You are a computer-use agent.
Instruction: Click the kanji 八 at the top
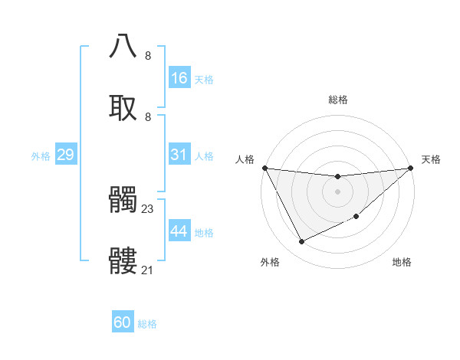point(123,45)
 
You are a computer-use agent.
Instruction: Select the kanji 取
point(123,106)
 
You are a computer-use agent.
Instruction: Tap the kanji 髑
point(123,199)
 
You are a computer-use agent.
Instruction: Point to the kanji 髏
point(123,260)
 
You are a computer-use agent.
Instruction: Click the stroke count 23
point(148,208)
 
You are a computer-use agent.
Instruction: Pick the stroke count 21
point(148,270)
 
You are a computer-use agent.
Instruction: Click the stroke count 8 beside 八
point(148,56)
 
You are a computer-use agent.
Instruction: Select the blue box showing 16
point(179,78)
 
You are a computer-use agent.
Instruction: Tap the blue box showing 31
point(179,155)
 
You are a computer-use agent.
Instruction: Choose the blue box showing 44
point(179,231)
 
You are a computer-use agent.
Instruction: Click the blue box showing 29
point(65,155)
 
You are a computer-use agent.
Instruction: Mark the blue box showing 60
point(123,322)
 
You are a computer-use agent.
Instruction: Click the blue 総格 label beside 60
point(147,324)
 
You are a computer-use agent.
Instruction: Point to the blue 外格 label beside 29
point(41,156)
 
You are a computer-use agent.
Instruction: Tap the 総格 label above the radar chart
point(337,100)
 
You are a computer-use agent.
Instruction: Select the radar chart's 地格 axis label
point(402,262)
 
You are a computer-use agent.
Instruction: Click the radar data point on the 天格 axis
point(411,168)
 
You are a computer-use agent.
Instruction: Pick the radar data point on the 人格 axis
point(264,168)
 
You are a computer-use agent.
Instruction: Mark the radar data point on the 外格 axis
point(301,242)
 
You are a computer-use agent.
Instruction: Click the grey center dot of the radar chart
point(337,191)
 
